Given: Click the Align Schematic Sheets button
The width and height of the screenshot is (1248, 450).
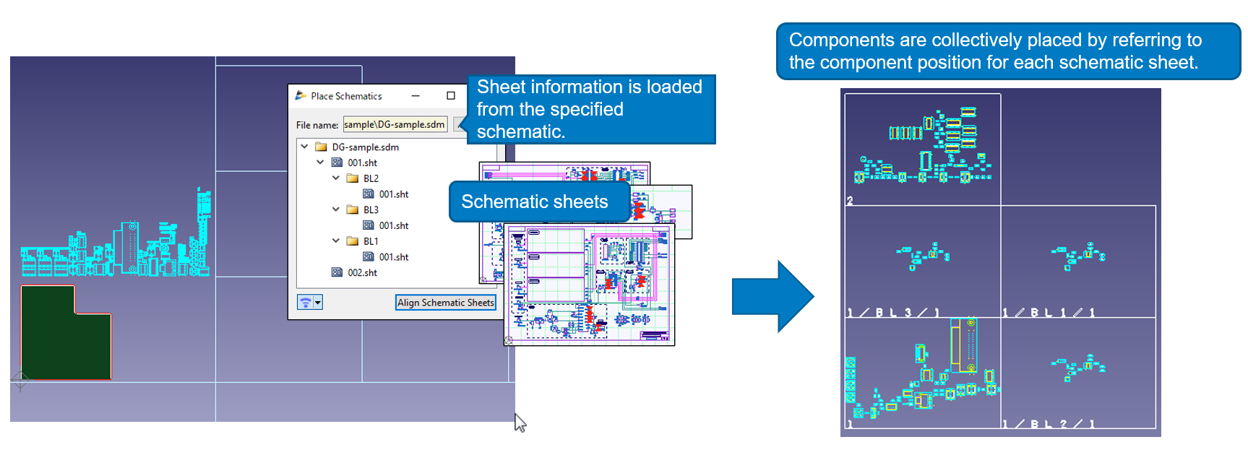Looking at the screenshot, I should point(445,303).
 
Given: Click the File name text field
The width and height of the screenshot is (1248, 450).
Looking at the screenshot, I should point(395,124).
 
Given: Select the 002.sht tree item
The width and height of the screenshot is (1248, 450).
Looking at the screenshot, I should point(362,272).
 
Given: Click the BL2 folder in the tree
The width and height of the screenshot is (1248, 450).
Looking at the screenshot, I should point(370,178).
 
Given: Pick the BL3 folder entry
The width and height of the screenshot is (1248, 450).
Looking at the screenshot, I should point(370,209).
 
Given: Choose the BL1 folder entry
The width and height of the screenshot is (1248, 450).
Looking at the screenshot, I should point(370,241).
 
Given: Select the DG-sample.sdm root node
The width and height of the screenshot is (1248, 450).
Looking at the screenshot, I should point(364,147).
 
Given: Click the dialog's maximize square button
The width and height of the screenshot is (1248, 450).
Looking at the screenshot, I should point(451,95).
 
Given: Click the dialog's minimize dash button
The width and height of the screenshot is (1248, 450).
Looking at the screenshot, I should point(416,95).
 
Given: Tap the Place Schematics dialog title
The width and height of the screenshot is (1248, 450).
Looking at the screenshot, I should point(346,96).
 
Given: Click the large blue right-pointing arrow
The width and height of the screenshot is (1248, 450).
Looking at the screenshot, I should point(772,296).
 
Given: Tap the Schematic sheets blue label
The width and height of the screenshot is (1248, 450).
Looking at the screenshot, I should point(535,202).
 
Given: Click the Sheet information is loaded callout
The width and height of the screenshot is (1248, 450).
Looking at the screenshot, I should point(589,108).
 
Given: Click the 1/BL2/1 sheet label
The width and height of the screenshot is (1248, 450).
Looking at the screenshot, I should point(1048,424).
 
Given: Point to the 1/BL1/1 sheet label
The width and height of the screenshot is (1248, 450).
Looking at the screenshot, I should point(1048,312).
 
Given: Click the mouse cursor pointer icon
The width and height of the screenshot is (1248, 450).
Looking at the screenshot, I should point(520,423).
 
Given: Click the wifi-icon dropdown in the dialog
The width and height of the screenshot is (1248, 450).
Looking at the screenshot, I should point(309,303).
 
